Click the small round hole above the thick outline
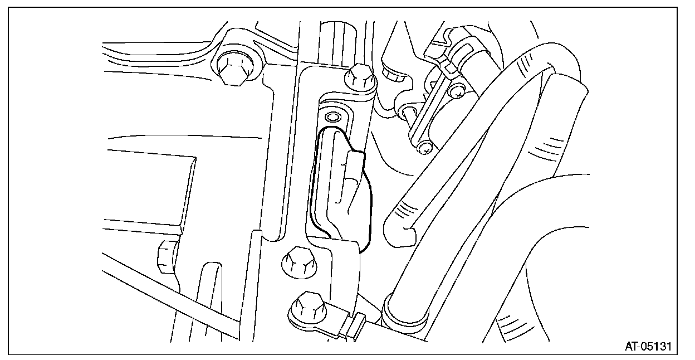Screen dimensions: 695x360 coord(333,117)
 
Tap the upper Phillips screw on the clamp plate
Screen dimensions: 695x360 coord(458,90)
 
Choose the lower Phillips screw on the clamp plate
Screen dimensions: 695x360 coord(425,148)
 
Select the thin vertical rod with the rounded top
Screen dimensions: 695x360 coord(256,290)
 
